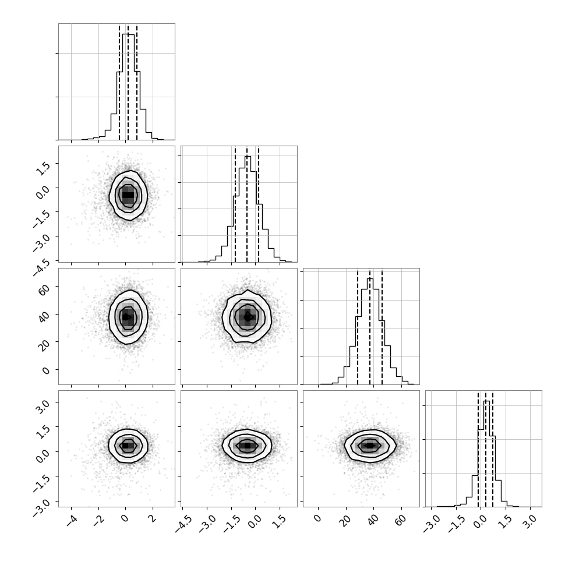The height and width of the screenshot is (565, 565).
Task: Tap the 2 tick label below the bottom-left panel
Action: tap(153, 519)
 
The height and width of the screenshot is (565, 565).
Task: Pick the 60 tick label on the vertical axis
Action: tap(44, 289)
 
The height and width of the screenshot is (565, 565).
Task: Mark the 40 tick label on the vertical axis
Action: tap(44, 316)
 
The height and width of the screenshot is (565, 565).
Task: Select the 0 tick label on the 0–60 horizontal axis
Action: tap(317, 518)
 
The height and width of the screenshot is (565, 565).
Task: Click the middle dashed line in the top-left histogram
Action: tap(128, 82)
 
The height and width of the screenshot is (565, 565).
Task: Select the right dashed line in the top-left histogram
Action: tap(137, 82)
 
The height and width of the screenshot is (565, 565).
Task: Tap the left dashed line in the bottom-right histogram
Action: tap(478, 449)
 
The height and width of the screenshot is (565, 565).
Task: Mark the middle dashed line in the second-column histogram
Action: tap(247, 204)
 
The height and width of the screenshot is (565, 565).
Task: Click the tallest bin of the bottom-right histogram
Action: tap(486, 454)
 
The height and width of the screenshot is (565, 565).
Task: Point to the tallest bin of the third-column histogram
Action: tap(370, 331)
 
